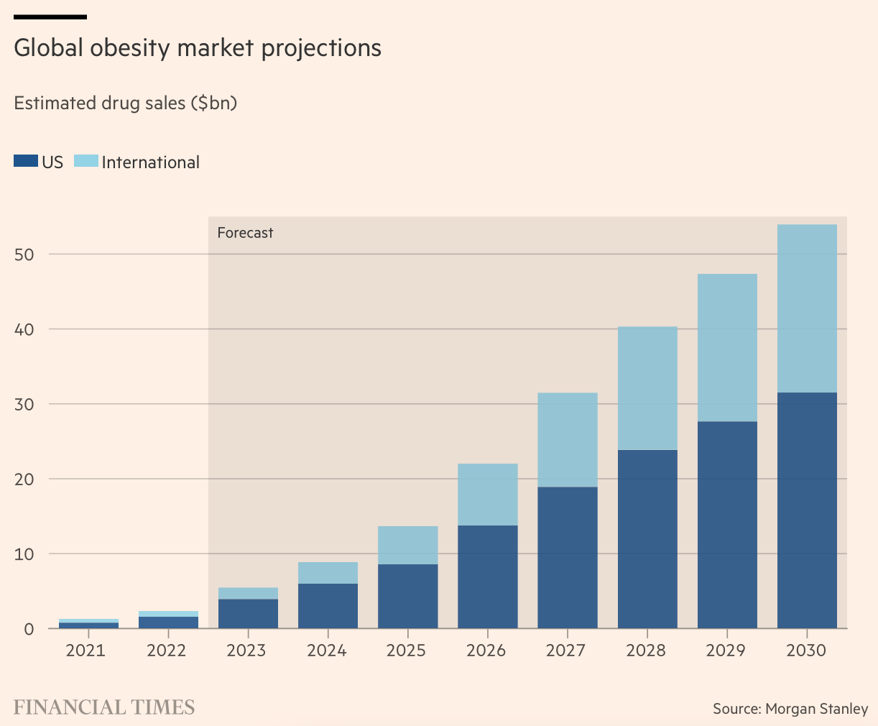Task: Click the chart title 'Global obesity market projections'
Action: tap(198, 48)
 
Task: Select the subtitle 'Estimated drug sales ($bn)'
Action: tap(126, 103)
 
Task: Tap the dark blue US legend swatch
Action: tap(25, 162)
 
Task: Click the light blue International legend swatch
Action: tap(86, 162)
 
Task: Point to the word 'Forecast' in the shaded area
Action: tap(245, 233)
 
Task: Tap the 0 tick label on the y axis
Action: tap(29, 629)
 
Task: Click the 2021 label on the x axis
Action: tap(86, 651)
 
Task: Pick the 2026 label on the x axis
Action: tap(486, 651)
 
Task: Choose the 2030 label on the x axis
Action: tap(807, 651)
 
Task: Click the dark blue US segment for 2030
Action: tap(807, 510)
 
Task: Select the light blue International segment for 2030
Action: tap(807, 308)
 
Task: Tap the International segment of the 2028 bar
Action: tap(647, 388)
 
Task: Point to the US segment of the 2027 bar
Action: tap(568, 558)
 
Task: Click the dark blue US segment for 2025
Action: tap(407, 597)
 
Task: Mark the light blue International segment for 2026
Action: tap(487, 495)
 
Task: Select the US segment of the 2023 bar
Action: tap(248, 614)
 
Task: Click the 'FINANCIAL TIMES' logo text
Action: tap(104, 707)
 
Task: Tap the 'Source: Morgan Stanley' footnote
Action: tap(790, 709)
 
